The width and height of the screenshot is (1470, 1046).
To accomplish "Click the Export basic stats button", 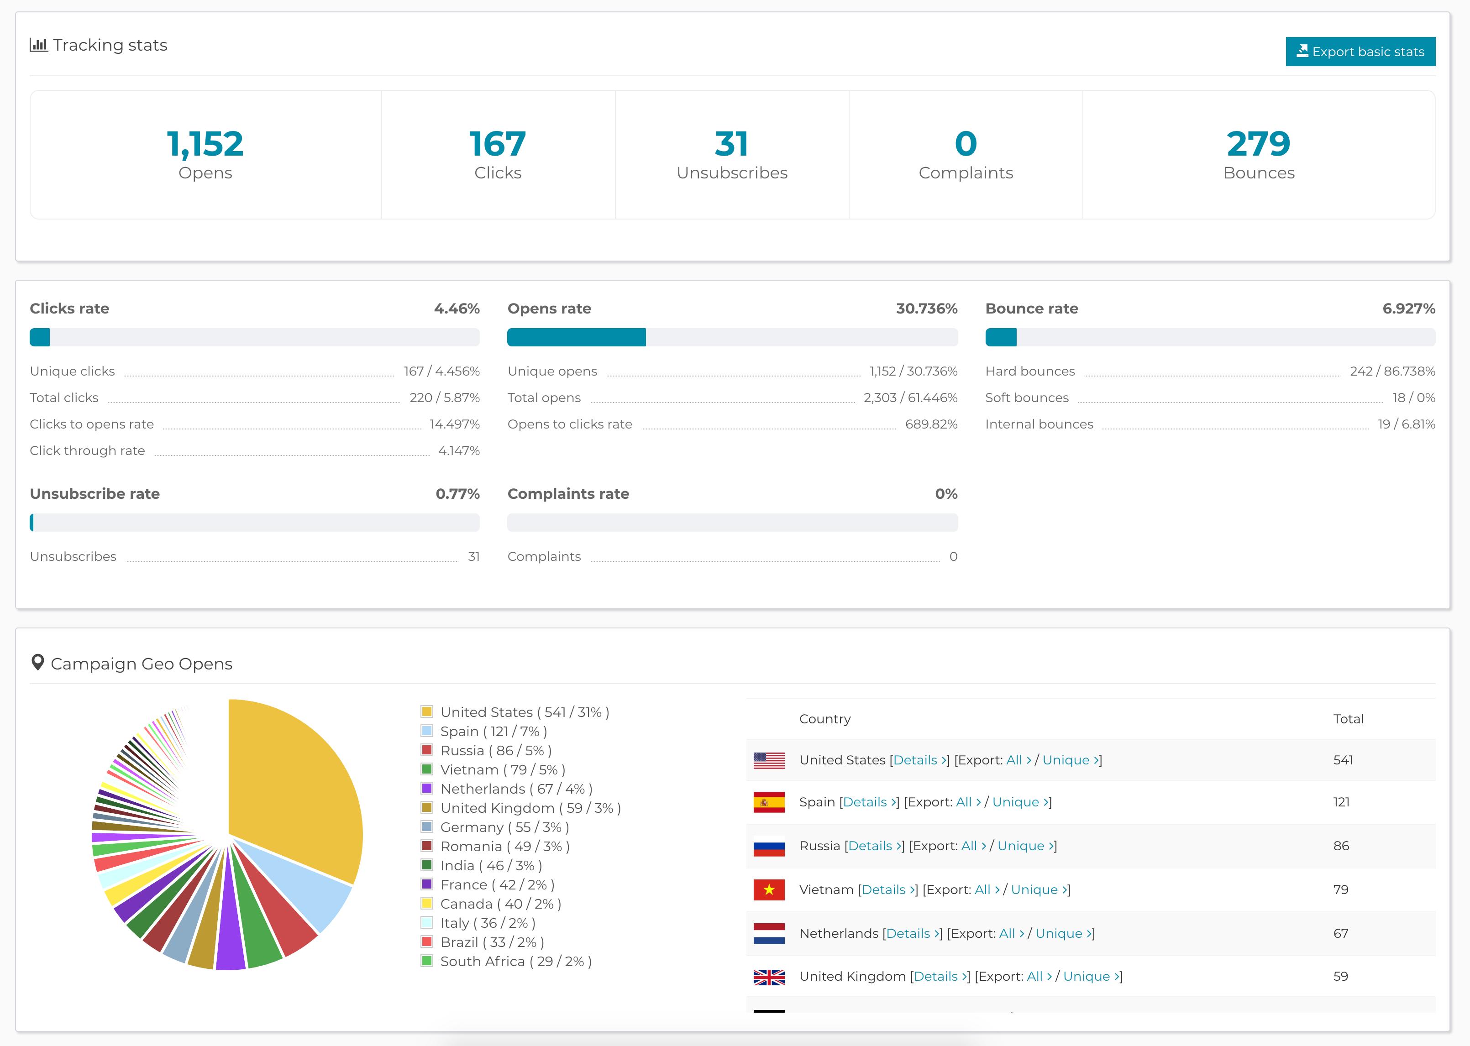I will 1360,52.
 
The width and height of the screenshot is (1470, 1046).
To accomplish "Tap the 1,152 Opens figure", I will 205,144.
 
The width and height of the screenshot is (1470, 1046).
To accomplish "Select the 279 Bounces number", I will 1258,144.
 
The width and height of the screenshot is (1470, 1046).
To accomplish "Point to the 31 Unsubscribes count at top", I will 731,144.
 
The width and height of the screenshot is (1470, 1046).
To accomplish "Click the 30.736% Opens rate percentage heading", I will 926,309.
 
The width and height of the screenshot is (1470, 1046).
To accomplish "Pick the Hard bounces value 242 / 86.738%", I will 1391,371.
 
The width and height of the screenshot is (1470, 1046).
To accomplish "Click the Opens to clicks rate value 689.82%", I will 931,424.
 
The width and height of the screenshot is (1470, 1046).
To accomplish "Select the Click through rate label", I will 87,451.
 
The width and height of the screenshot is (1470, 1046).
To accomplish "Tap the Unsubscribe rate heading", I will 94,494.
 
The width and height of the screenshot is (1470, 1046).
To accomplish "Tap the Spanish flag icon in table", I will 768,802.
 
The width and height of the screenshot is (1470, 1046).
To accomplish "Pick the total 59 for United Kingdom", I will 1340,977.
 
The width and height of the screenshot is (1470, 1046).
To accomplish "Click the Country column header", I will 824,719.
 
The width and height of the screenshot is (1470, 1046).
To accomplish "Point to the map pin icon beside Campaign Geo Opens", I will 37,663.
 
